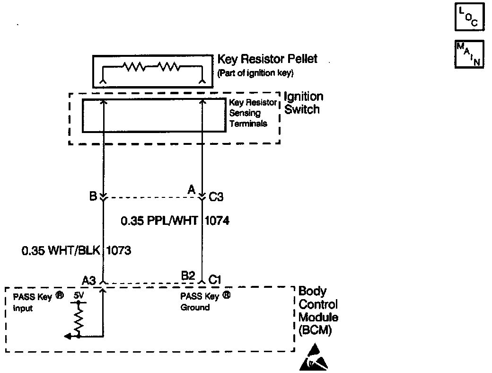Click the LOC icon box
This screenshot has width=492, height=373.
coord(469,18)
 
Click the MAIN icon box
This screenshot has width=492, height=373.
coord(469,54)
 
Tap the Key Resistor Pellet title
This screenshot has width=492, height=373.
coord(267,60)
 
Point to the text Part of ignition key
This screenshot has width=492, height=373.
coord(255,73)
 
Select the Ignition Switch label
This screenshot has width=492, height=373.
coord(303,103)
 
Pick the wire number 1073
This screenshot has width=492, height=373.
coord(119,250)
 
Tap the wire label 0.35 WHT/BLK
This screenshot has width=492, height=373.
coord(61,250)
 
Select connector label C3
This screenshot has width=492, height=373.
coord(216,197)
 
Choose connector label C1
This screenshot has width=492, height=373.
coord(215,280)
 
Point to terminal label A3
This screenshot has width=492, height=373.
coord(89,281)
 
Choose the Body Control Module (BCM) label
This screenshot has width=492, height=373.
coord(318,311)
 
